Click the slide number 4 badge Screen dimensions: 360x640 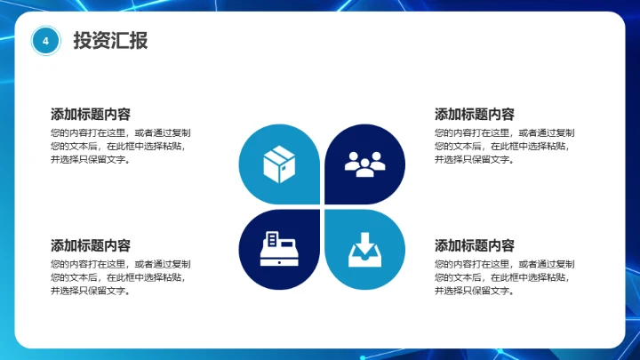pyautogui.click(x=45, y=41)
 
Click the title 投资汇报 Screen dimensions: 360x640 pyautogui.click(x=110, y=41)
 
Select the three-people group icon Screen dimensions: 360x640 pyautogui.click(x=364, y=162)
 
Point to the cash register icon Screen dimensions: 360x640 pyautogui.click(x=279, y=250)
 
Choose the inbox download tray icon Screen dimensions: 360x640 pyautogui.click(x=364, y=250)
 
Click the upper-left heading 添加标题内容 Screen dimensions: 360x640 pyautogui.click(x=91, y=115)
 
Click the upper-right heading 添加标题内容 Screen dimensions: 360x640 pyautogui.click(x=474, y=115)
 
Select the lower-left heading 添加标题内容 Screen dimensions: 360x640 pyautogui.click(x=91, y=246)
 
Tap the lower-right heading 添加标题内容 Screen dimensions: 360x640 pyautogui.click(x=474, y=246)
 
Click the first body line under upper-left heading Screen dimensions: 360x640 pyautogui.click(x=121, y=132)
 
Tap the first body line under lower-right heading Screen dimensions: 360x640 pyautogui.click(x=504, y=264)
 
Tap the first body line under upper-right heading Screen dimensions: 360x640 pyautogui.click(x=504, y=132)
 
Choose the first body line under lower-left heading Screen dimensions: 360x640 pyautogui.click(x=121, y=264)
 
